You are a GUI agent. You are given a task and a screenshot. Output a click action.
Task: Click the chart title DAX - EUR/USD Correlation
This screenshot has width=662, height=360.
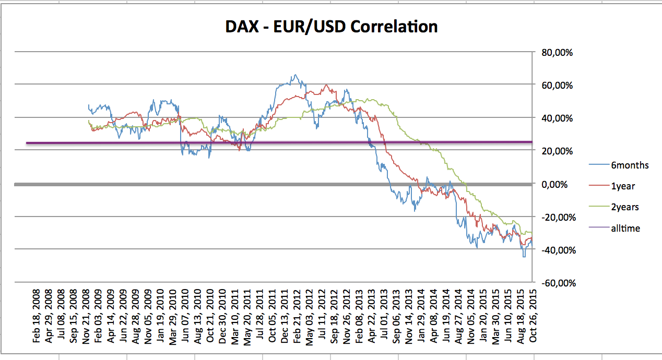click(331, 27)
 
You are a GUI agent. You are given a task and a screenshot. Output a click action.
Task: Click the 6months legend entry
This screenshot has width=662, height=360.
click(630, 165)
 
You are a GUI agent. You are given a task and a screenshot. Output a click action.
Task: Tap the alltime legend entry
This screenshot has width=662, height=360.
click(625, 228)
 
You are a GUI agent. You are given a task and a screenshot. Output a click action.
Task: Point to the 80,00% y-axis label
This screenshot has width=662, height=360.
click(558, 52)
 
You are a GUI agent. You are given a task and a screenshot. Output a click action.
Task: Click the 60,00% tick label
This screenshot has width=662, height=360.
click(558, 85)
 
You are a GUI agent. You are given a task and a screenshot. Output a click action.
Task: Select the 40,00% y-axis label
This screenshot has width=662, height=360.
click(558, 118)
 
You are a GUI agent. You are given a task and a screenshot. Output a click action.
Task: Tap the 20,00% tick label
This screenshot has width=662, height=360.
click(558, 151)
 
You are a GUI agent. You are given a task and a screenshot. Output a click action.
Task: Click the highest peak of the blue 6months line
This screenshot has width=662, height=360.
click(295, 75)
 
